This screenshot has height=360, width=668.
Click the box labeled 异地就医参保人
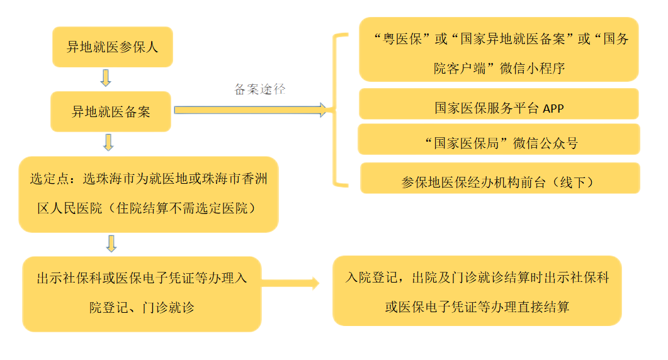(x=112, y=47)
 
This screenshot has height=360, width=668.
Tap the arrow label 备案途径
(x=259, y=89)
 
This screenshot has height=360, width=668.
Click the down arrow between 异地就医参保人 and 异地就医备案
(x=105, y=78)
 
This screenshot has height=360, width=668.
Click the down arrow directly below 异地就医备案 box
(x=108, y=142)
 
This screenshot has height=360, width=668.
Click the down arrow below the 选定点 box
(x=111, y=242)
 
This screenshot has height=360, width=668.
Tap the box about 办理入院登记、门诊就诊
(x=141, y=293)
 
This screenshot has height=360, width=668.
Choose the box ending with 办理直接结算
(x=477, y=291)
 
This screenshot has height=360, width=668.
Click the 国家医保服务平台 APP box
(x=498, y=108)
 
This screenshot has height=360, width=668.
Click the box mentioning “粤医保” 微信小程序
(x=499, y=53)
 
